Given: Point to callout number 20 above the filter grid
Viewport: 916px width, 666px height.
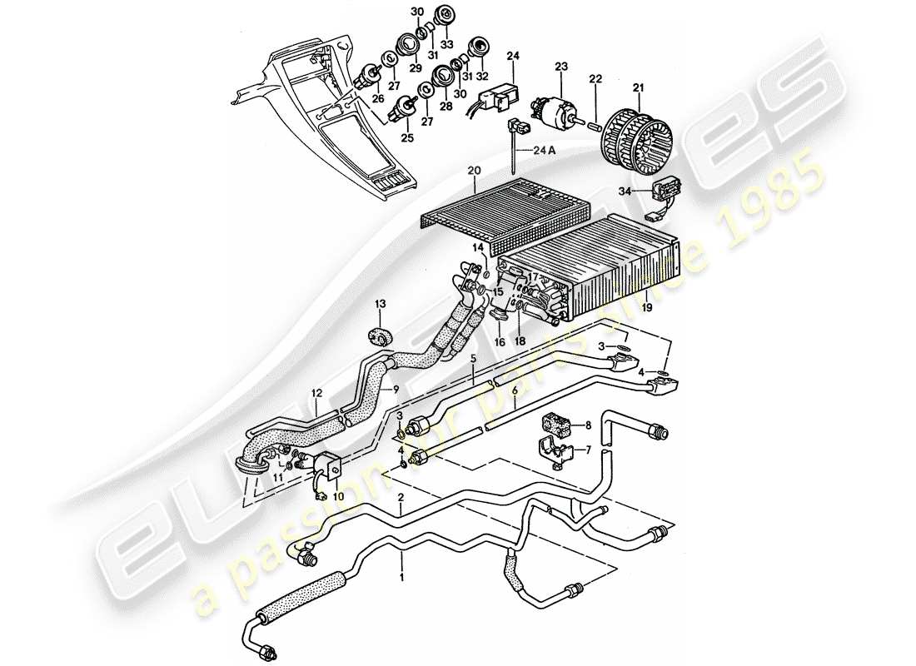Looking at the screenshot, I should pos(474,171).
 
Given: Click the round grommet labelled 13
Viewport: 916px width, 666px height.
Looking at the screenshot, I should pos(381,336).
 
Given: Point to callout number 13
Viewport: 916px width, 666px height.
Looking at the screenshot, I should pos(380,304).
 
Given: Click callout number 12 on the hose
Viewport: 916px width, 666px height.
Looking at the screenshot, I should pos(316,393).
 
